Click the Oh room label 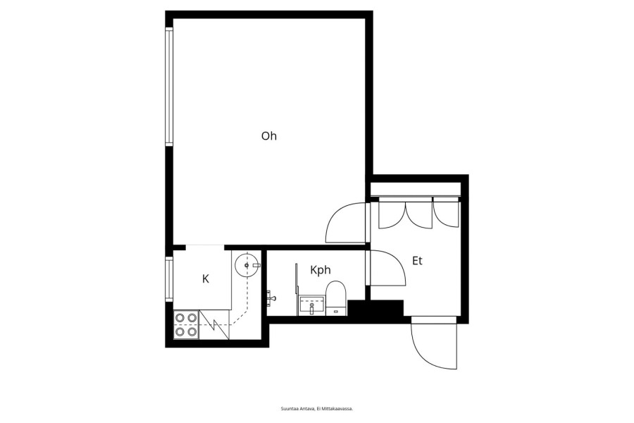(x=269, y=136)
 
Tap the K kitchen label (x=206, y=279)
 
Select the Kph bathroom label (x=321, y=270)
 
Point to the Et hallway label (x=417, y=261)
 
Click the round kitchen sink (x=247, y=265)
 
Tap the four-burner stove (x=187, y=325)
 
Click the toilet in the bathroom (x=336, y=298)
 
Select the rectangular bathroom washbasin (x=311, y=305)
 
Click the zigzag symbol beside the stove (x=214, y=324)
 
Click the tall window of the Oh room (x=169, y=86)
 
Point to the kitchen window (x=169, y=279)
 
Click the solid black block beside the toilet (x=375, y=309)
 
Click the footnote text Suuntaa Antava (x=297, y=409)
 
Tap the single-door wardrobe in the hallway (x=447, y=214)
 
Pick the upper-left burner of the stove (x=180, y=318)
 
